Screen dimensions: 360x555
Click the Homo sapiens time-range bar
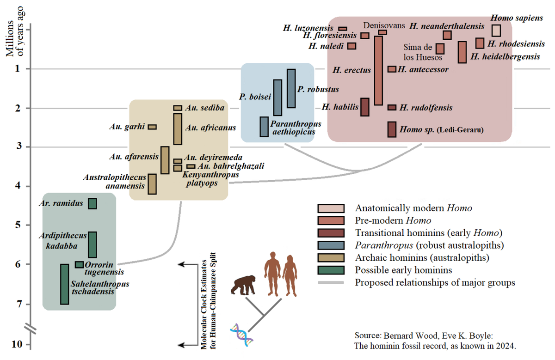496,30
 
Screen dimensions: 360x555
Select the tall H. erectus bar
378,70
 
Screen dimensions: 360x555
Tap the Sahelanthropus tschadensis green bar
65,284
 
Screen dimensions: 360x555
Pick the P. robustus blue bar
291,88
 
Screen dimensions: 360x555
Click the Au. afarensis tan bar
164,160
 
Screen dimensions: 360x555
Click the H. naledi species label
326,46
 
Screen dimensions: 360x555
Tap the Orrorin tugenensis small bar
79,264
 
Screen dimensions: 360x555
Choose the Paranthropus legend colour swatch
331,245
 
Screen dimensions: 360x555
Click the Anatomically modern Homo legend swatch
331,208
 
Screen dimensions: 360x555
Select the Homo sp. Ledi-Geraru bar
392,129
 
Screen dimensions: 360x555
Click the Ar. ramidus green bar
92,204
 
